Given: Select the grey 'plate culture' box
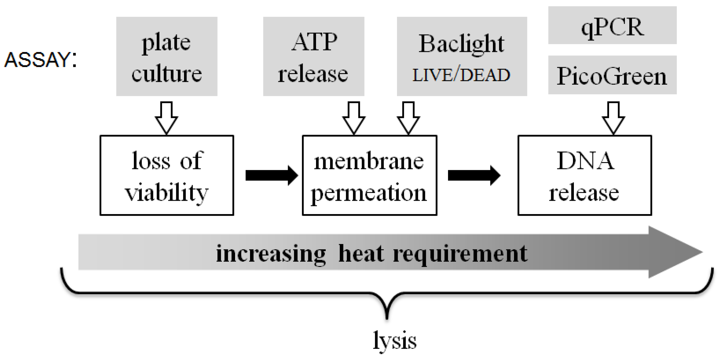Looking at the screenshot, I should click(x=167, y=56).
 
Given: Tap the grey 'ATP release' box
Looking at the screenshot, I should click(x=314, y=56).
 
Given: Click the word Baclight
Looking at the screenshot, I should click(x=461, y=44).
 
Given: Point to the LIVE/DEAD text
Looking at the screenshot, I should click(x=461, y=75).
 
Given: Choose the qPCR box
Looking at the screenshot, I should click(x=612, y=26).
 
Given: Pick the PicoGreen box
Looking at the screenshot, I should click(x=612, y=75).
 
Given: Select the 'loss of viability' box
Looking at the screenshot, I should click(x=167, y=175).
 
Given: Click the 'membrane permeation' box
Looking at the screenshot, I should click(x=369, y=175).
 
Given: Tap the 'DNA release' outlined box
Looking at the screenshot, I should click(x=584, y=175).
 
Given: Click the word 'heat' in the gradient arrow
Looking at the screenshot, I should click(x=361, y=253).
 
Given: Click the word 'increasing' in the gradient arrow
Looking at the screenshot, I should click(x=271, y=254).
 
